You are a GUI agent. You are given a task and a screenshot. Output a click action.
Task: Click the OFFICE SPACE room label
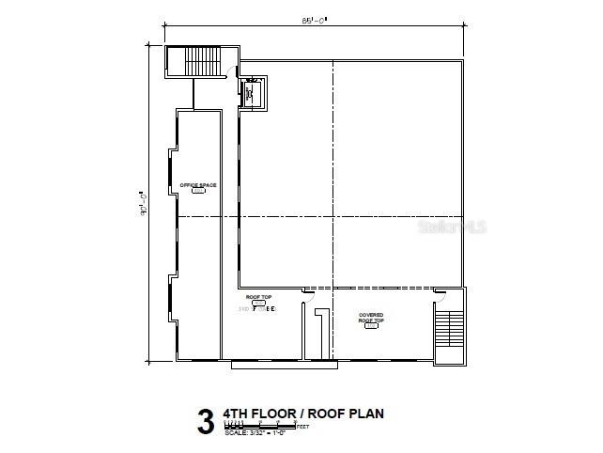tap(198, 185)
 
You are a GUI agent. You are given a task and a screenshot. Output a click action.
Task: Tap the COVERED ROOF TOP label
tap(370, 317)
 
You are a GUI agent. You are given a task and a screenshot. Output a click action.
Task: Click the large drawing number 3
tap(205, 419)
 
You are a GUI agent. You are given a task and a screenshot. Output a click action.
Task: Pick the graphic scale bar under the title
tap(258, 426)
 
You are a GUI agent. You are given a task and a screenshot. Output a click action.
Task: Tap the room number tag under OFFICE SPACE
tap(198, 192)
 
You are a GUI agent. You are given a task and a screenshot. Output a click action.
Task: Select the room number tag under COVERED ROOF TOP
tap(370, 326)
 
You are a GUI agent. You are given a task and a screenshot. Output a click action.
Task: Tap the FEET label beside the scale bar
tap(302, 427)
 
